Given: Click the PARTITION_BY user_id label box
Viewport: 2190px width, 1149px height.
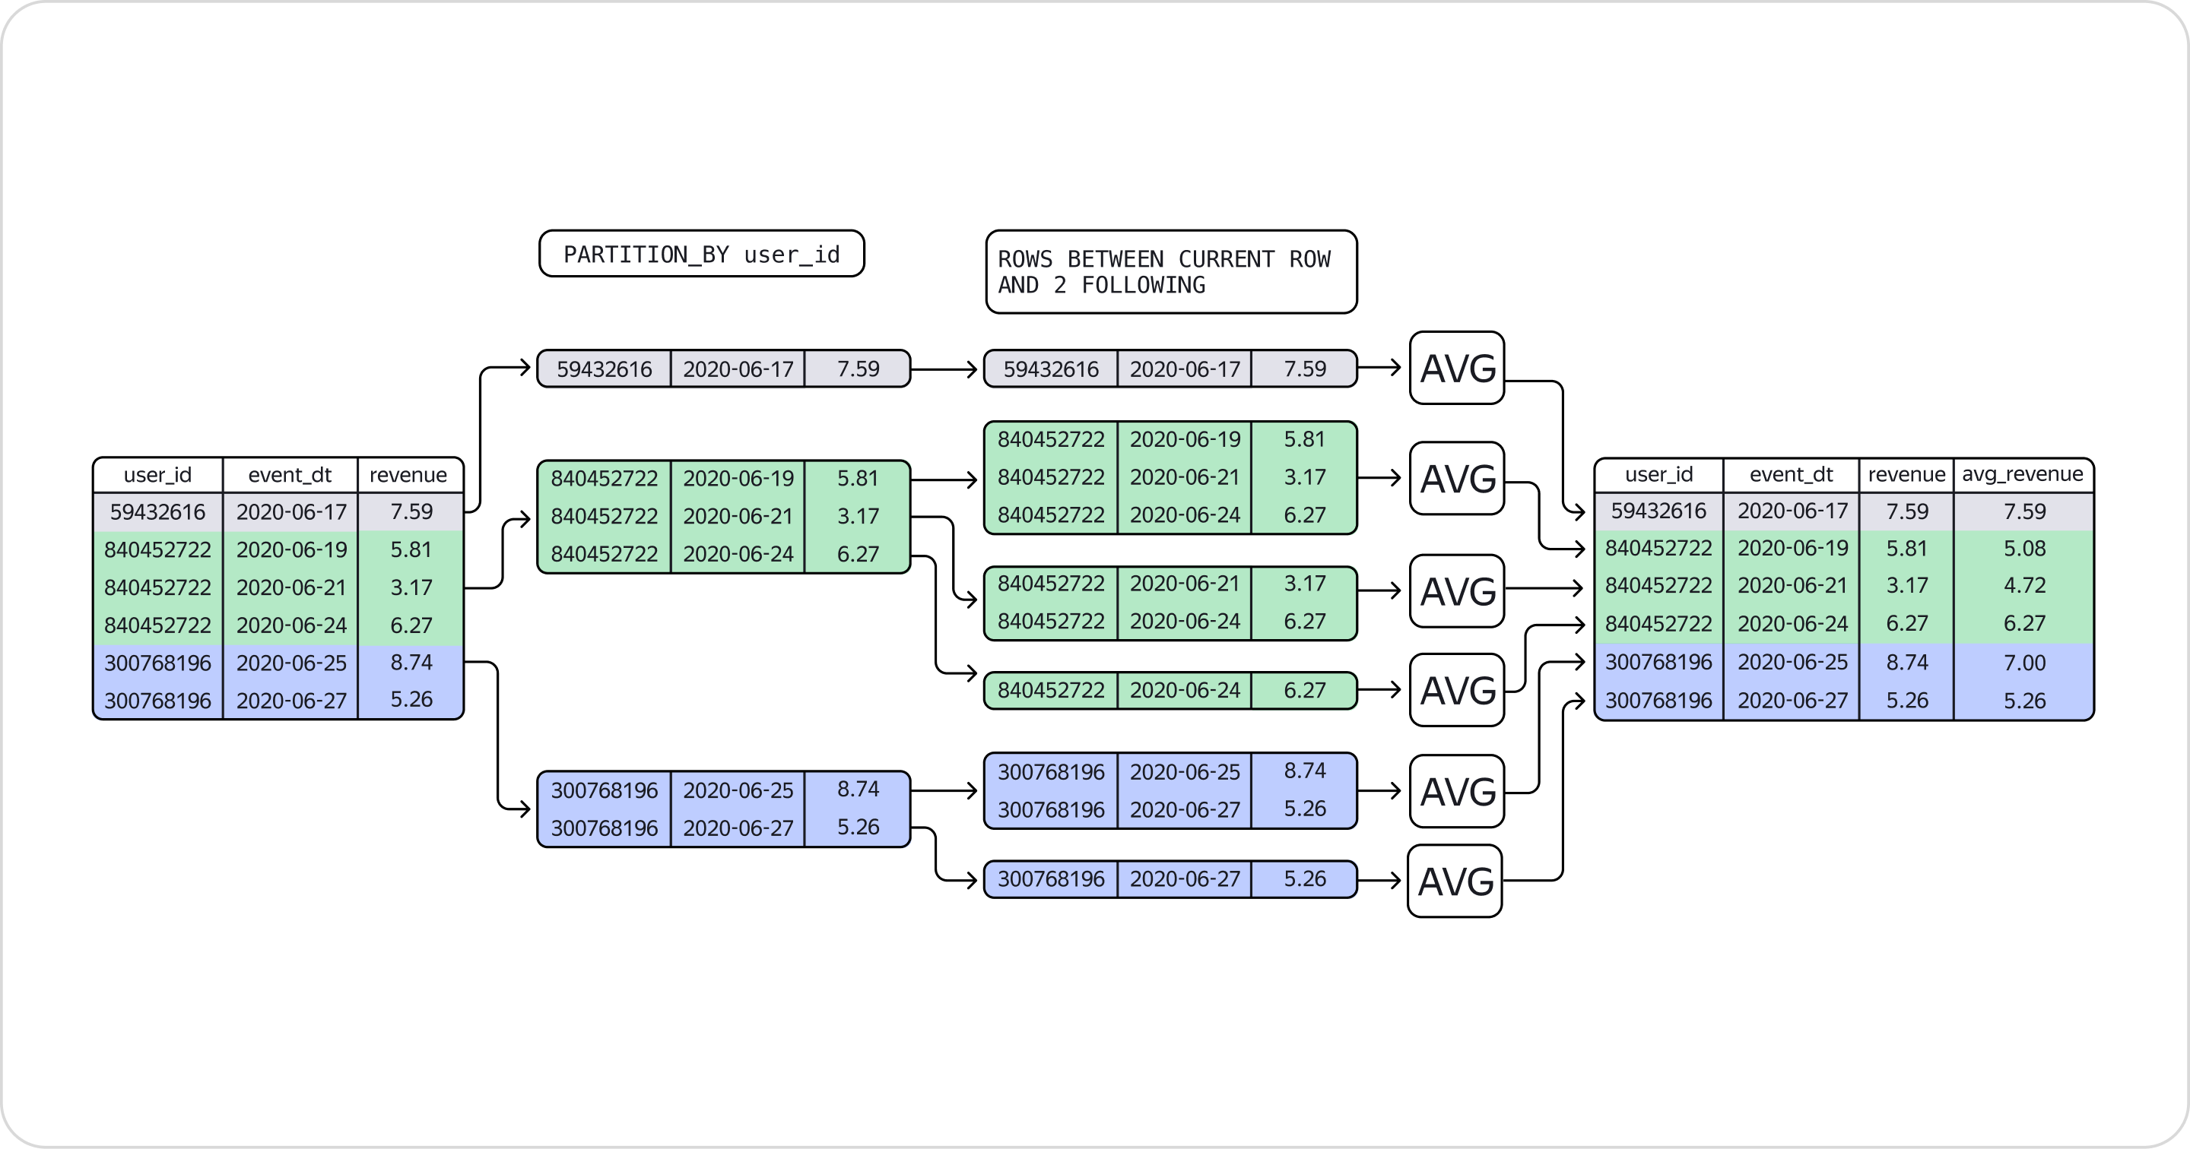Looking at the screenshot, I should tap(701, 254).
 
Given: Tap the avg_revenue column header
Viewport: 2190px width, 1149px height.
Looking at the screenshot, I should tap(2022, 474).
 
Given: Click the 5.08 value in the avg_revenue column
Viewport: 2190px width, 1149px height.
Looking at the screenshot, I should tap(2024, 549).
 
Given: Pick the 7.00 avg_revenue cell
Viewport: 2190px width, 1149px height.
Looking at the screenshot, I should tap(2024, 663).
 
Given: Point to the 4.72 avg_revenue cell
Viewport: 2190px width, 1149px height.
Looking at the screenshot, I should tap(2024, 586).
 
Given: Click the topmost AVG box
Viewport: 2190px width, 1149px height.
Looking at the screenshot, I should tap(1457, 368).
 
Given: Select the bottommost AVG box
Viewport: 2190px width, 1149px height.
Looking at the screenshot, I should tap(1455, 882).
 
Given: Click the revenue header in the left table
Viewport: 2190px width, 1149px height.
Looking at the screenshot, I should tap(408, 475).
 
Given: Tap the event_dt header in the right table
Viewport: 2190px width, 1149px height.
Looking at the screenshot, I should tap(1791, 474).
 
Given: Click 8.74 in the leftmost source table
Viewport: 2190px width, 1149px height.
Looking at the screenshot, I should tap(411, 662).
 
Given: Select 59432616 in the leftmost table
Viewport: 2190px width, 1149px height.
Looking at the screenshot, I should tap(157, 511).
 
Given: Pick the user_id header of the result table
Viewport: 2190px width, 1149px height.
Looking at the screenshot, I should tap(1658, 474).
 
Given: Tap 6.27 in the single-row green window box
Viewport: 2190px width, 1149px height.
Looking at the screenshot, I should tap(1304, 690).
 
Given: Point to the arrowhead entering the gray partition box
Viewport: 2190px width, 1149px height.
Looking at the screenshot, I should tap(525, 368).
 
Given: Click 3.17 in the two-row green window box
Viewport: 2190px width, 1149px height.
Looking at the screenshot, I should tap(1304, 584).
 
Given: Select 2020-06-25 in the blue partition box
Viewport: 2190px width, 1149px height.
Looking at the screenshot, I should tap(737, 790).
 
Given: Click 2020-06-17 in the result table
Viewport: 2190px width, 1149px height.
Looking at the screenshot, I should tap(1792, 511).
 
